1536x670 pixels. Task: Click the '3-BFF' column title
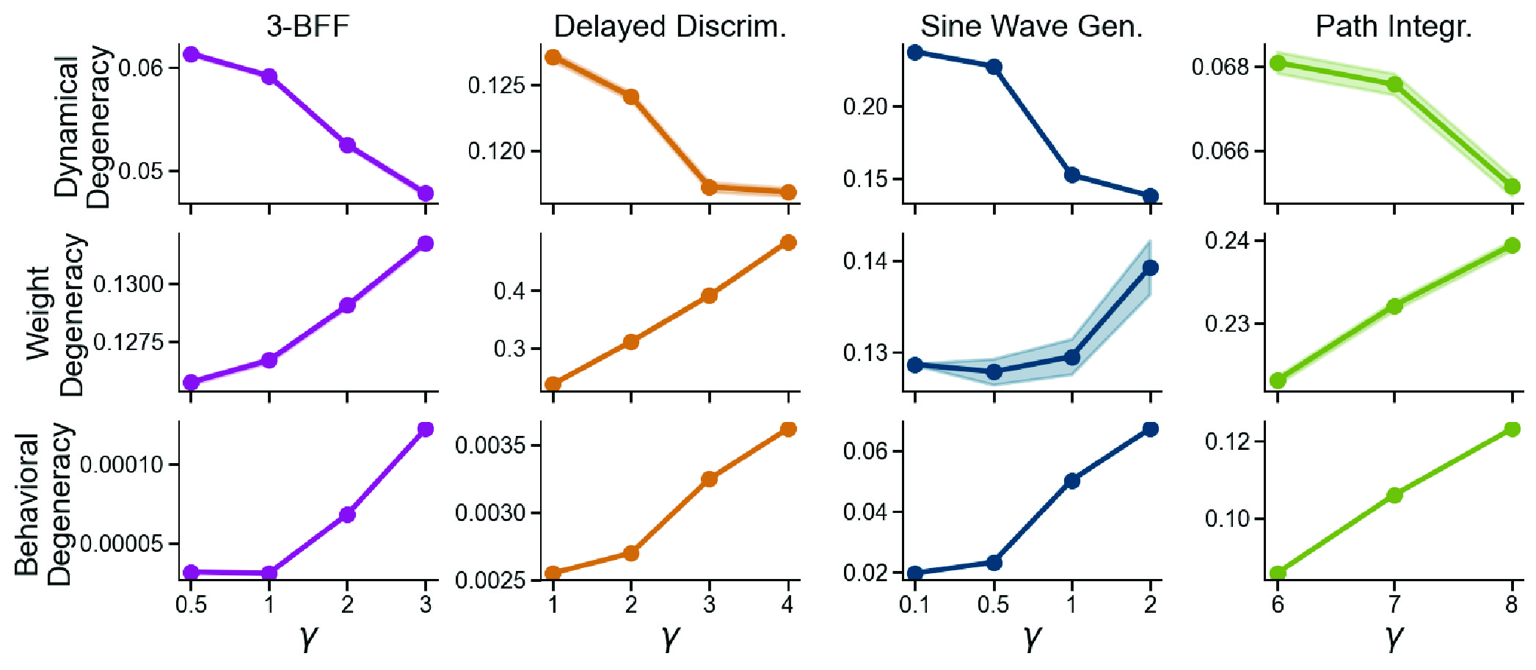(x=307, y=26)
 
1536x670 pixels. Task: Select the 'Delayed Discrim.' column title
(x=669, y=26)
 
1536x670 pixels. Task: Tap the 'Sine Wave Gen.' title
(x=1032, y=26)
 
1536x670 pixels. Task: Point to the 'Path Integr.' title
(x=1393, y=26)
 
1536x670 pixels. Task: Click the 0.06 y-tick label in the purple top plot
(x=140, y=68)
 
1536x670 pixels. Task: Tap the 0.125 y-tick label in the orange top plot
(x=497, y=85)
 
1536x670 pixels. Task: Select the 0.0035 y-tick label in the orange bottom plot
(x=490, y=445)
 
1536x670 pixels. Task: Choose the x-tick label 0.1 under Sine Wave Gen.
(x=914, y=605)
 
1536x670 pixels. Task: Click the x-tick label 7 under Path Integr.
(x=1394, y=605)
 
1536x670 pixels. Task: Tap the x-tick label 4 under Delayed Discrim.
(x=787, y=605)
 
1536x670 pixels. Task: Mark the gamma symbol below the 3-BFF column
(x=308, y=637)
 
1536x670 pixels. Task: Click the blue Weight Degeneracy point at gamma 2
(x=1150, y=268)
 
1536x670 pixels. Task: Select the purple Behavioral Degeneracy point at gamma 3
(x=426, y=429)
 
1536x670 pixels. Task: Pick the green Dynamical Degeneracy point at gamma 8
(x=1512, y=187)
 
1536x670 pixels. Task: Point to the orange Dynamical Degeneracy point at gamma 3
(x=709, y=187)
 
